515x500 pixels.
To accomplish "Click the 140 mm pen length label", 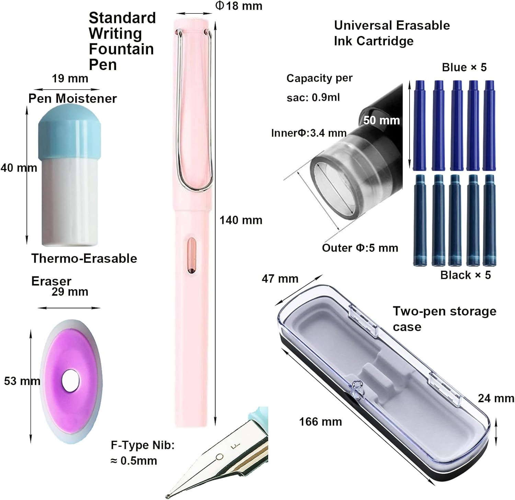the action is point(241,220).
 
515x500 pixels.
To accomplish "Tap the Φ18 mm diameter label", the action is point(239,6).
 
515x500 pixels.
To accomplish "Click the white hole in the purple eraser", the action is point(71,381).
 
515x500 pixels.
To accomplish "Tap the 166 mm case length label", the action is point(320,422).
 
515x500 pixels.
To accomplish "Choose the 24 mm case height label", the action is point(496,398).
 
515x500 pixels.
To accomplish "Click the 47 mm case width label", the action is point(280,279).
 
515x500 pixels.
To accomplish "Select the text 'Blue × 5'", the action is point(464,67).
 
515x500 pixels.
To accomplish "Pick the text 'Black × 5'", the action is point(466,275).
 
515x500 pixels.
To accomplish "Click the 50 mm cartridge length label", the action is point(381,120).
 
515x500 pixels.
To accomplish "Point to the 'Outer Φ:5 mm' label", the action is point(360,248).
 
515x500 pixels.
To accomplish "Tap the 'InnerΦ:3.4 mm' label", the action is point(309,133).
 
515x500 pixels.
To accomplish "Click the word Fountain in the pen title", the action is point(121,49).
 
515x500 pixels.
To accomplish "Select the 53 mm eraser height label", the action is point(22,381).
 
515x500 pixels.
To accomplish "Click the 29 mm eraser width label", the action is point(70,292).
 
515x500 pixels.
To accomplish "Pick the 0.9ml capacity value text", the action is point(325,98).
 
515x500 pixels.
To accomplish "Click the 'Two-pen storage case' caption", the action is point(444,319).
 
